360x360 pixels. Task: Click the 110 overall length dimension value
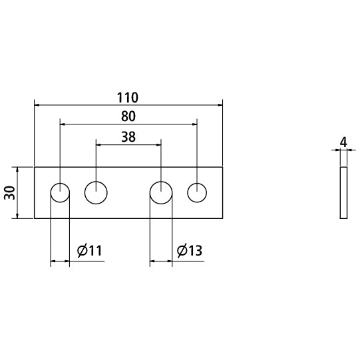click(x=128, y=98)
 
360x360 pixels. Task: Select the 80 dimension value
click(x=128, y=116)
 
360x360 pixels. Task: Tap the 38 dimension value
click(x=128, y=137)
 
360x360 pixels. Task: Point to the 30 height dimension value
click(x=9, y=192)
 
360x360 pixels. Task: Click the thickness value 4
click(x=343, y=143)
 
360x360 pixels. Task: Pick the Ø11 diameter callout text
click(x=90, y=250)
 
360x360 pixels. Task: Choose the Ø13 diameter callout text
click(x=190, y=250)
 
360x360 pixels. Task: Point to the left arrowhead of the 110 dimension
click(x=37, y=105)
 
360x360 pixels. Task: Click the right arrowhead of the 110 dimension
click(x=220, y=105)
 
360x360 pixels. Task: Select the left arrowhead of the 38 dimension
click(x=98, y=144)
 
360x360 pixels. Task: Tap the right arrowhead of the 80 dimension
click(x=194, y=124)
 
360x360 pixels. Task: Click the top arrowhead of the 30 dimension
click(x=17, y=170)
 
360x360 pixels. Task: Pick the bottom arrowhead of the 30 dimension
click(x=17, y=216)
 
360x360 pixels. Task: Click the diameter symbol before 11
click(x=82, y=251)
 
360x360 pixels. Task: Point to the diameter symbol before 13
click(x=182, y=251)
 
